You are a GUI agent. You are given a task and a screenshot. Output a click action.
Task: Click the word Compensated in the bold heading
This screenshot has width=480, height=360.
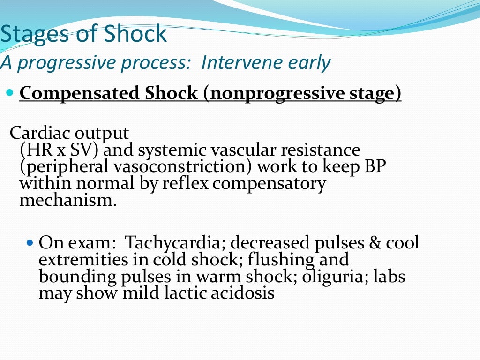click(x=79, y=93)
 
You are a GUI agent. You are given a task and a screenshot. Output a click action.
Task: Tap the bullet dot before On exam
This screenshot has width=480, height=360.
click(x=31, y=243)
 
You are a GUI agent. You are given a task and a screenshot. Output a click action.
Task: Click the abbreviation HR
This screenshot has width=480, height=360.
click(x=36, y=150)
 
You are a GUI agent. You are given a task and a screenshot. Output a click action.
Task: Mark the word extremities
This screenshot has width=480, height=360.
click(x=77, y=260)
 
